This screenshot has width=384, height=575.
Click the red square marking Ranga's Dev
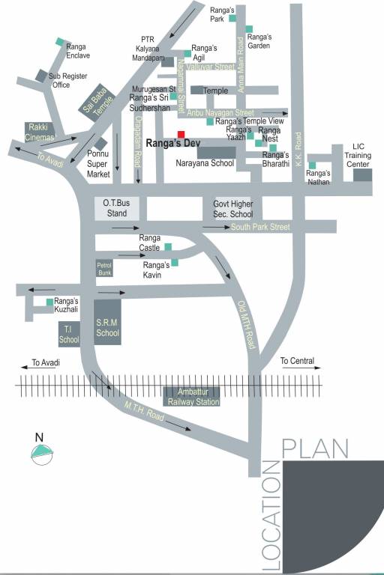[x=181, y=134]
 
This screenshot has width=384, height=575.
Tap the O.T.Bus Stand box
[x=116, y=208]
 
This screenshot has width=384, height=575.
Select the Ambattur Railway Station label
[x=193, y=397]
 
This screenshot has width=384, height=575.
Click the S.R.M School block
[x=107, y=320]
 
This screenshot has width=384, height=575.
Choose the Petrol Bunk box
[x=103, y=269]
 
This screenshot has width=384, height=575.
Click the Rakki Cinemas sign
[x=39, y=132]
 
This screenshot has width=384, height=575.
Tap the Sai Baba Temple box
[x=94, y=104]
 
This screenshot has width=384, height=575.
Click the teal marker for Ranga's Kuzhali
[x=50, y=302]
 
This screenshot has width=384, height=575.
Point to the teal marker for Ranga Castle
[x=168, y=246]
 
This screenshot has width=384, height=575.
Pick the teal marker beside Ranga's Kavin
[x=175, y=262]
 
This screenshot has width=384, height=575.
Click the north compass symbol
[x=40, y=451]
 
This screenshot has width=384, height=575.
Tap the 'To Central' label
[x=297, y=362]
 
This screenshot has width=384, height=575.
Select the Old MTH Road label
[x=246, y=324]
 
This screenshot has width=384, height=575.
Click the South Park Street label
[x=259, y=227]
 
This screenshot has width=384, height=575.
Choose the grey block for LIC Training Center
[x=362, y=174]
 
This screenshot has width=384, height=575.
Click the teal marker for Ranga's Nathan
[x=312, y=165]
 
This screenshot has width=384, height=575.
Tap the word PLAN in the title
[x=315, y=448]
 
